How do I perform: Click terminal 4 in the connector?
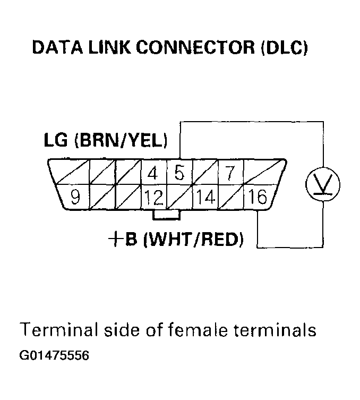[x=153, y=173]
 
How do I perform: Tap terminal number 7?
[x=229, y=173]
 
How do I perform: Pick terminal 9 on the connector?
[x=75, y=198]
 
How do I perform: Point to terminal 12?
[x=153, y=198]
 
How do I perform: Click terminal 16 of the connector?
[x=257, y=198]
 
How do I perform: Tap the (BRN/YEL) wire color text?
[x=122, y=142]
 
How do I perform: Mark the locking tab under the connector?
[x=166, y=215]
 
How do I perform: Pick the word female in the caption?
[x=197, y=330]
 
